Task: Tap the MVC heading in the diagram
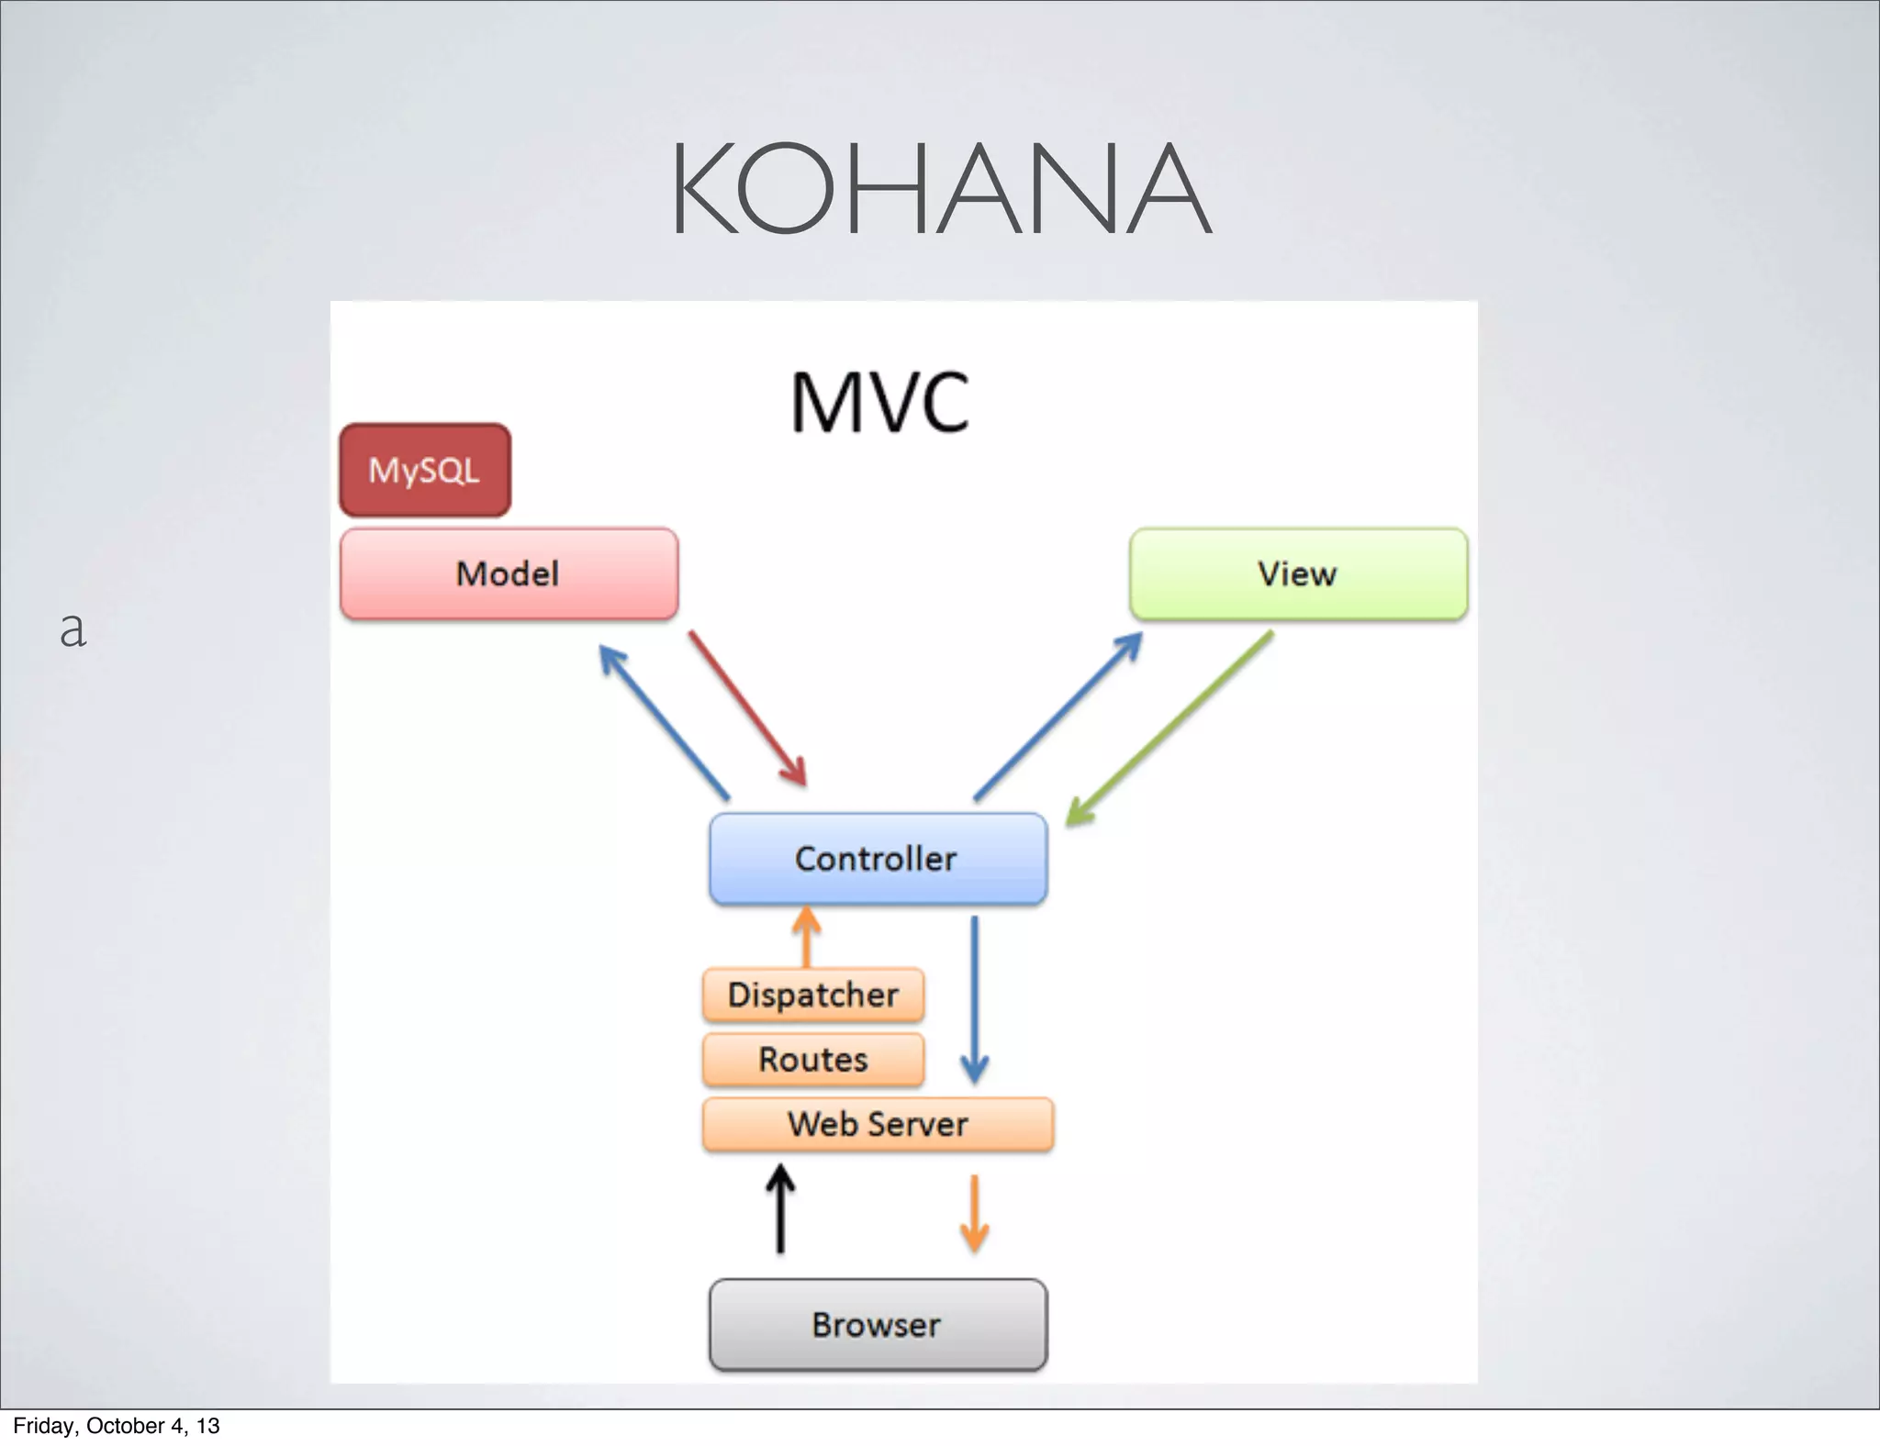click(x=879, y=403)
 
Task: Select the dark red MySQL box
click(x=425, y=470)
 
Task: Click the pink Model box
click(x=509, y=574)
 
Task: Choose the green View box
click(x=1297, y=574)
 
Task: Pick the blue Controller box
click(x=878, y=859)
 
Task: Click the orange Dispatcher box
click(x=813, y=995)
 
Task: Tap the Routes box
click(x=813, y=1060)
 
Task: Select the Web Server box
click(x=878, y=1124)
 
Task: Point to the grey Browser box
click(x=878, y=1325)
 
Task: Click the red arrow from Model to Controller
click(x=747, y=707)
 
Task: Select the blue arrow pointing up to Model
click(x=664, y=721)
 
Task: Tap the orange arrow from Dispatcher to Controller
click(x=806, y=936)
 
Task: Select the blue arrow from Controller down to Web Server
click(x=974, y=999)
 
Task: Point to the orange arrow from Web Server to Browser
click(x=974, y=1213)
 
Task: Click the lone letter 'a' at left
click(x=73, y=629)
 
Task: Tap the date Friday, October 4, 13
click(x=117, y=1426)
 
